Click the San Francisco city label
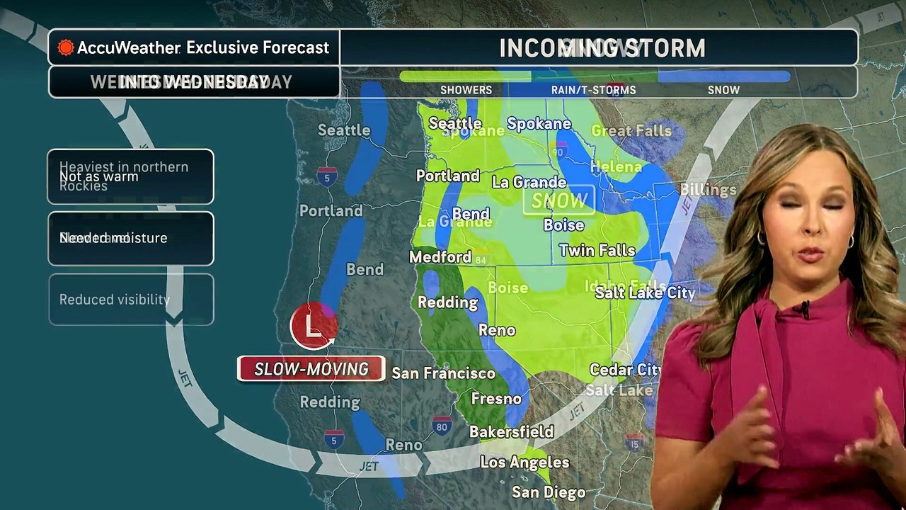click(x=443, y=373)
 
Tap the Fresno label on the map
click(x=496, y=399)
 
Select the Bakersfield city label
click(x=511, y=431)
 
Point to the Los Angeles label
click(x=524, y=463)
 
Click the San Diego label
click(x=549, y=492)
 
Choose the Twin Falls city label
click(x=597, y=250)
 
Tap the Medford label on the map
click(x=440, y=257)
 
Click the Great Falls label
click(x=631, y=131)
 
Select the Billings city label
click(x=708, y=189)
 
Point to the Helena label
click(x=616, y=167)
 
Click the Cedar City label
click(x=625, y=370)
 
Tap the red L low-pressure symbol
click(x=313, y=326)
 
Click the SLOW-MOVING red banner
click(x=311, y=369)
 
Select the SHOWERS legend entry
click(x=466, y=90)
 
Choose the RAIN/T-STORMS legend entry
click(x=593, y=90)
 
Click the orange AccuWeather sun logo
click(x=66, y=47)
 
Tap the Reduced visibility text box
click(x=131, y=300)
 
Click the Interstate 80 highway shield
click(x=442, y=426)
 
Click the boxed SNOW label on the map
click(x=558, y=201)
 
